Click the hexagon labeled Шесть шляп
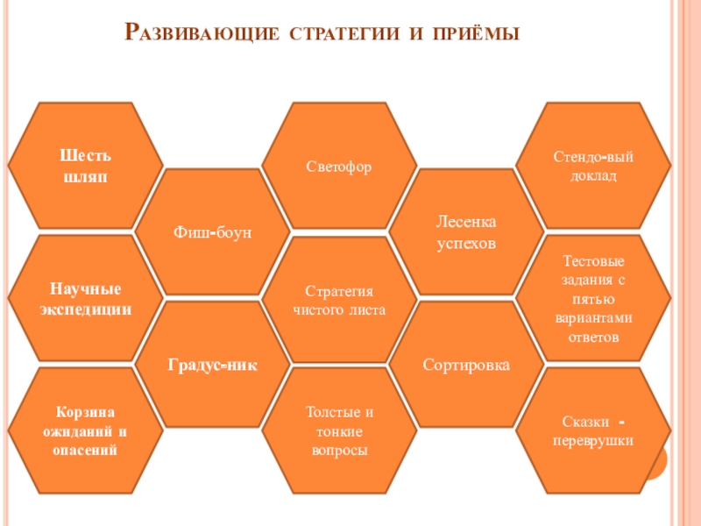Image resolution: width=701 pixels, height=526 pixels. tap(85, 167)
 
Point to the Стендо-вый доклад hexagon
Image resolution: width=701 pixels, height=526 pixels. tap(592, 167)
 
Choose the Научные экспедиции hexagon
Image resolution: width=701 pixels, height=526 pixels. tap(85, 299)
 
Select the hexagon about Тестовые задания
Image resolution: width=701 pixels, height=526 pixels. tap(592, 299)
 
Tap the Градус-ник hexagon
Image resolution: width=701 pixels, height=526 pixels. tap(213, 365)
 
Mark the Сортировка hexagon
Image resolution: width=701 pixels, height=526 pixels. tap(466, 365)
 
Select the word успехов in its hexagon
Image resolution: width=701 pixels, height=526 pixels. tap(466, 243)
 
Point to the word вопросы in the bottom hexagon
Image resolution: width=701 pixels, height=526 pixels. tap(339, 450)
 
